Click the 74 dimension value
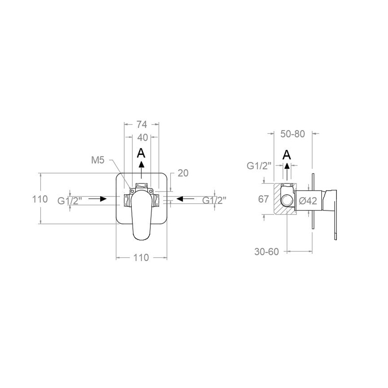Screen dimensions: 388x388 [142, 125]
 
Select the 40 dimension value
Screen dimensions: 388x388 [142, 138]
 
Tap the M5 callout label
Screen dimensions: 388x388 [98, 160]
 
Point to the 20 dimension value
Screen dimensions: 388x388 [183, 173]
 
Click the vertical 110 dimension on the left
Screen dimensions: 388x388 [40, 199]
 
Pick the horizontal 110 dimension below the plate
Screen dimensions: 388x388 [141, 258]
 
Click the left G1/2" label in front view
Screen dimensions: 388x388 [69, 201]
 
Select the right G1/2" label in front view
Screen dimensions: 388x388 [214, 200]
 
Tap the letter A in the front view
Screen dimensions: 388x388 [141, 153]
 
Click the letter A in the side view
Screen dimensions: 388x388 [287, 155]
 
